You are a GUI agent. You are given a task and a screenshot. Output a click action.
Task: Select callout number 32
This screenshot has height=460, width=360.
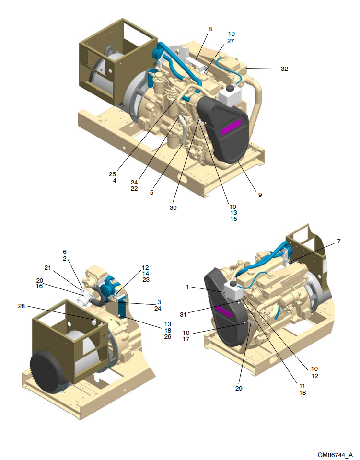click(284, 69)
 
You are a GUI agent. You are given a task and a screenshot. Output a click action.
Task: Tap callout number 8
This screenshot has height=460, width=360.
click(210, 29)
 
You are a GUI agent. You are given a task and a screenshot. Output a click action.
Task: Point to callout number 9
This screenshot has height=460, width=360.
click(260, 195)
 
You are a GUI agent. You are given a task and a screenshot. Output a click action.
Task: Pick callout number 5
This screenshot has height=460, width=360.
click(151, 193)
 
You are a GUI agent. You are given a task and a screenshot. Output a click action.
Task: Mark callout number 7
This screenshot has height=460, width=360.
click(338, 241)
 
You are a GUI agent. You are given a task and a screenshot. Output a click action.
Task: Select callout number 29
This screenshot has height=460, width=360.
click(238, 388)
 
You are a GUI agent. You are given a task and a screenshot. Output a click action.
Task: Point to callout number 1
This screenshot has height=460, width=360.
click(189, 287)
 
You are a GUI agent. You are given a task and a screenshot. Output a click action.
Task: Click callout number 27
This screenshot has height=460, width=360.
click(231, 41)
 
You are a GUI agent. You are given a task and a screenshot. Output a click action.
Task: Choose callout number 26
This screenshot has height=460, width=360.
click(168, 336)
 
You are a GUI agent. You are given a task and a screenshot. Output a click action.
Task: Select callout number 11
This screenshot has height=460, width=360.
click(302, 386)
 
